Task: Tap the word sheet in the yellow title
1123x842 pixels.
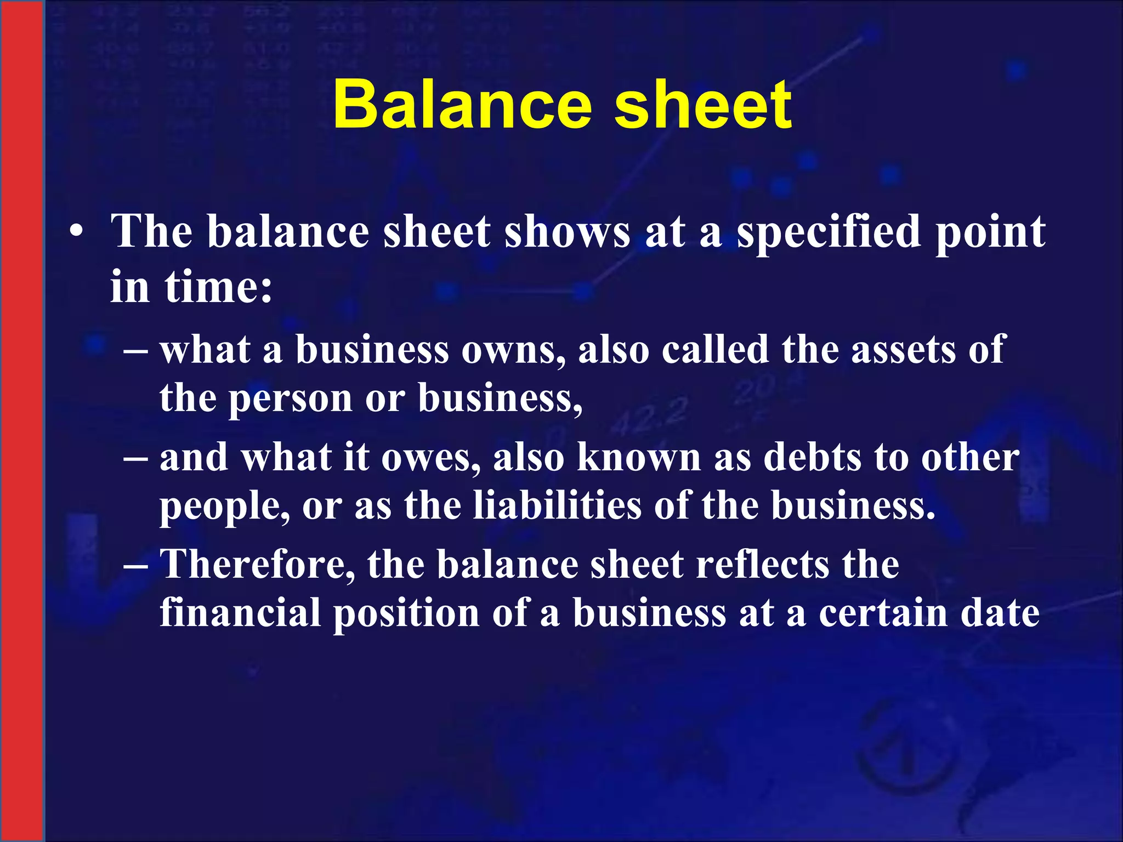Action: coord(702,104)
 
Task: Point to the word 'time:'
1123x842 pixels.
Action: coord(219,287)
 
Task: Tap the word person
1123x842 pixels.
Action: coord(290,399)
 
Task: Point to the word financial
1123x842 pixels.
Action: coord(240,613)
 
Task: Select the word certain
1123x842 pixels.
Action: coord(883,613)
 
